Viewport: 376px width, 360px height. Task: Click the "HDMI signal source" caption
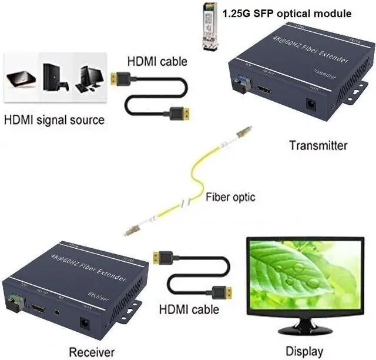tap(54, 120)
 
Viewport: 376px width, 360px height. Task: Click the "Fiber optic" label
tap(230, 196)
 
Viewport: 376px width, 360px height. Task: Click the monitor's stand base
tap(304, 330)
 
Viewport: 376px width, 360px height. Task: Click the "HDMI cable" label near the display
tap(189, 309)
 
